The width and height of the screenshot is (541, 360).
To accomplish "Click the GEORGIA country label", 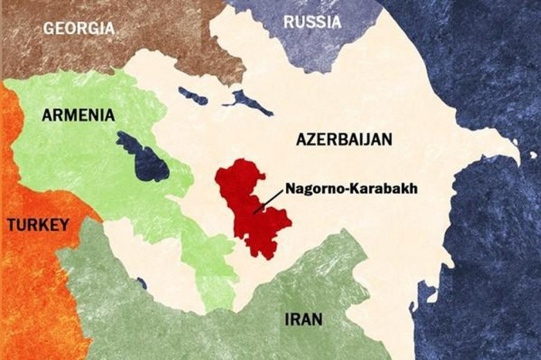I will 79,29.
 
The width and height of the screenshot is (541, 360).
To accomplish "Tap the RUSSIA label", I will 312,22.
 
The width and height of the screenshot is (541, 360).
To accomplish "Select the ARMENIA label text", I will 78,115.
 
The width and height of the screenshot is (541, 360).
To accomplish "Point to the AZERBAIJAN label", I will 344,139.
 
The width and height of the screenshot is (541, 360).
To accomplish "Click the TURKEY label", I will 38,225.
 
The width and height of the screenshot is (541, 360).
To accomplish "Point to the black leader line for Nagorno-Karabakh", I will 267,202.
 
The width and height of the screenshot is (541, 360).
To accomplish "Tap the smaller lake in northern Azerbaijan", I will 192,96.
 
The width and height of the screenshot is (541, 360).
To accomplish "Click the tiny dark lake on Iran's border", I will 141,284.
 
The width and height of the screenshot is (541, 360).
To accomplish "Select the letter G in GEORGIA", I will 49,29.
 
